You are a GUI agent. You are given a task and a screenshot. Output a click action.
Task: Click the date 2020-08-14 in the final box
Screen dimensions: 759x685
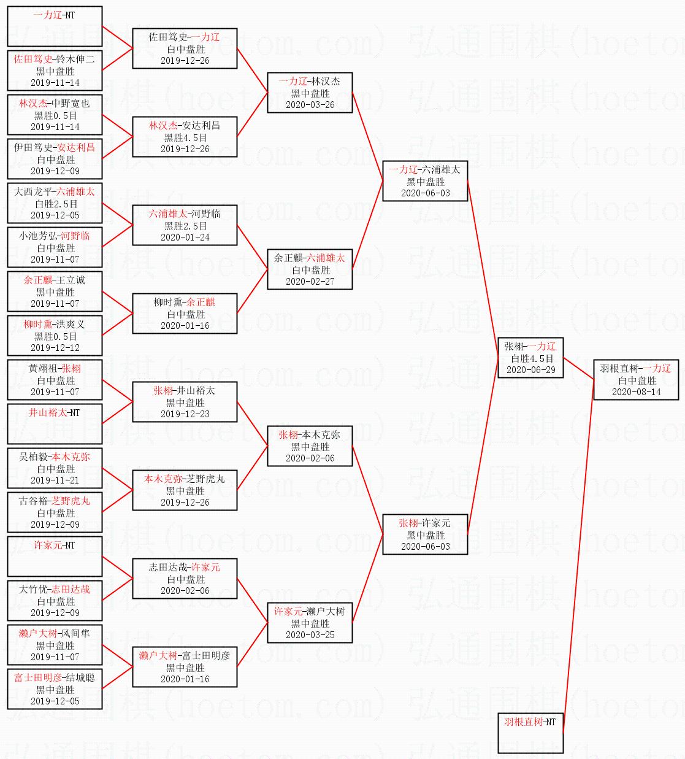[x=636, y=392]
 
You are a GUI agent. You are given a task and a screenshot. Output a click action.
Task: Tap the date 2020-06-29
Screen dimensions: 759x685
[x=530, y=370]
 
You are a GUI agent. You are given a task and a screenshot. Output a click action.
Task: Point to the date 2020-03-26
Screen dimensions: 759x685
[x=310, y=105]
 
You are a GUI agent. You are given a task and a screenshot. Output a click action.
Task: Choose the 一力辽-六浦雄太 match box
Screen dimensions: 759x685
[x=424, y=181]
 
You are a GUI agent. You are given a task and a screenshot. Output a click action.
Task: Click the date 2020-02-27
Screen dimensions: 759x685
[x=310, y=282]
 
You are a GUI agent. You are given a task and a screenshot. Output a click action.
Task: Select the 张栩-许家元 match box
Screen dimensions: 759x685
[x=424, y=534]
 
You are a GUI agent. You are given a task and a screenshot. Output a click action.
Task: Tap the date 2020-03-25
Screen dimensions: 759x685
[x=310, y=635]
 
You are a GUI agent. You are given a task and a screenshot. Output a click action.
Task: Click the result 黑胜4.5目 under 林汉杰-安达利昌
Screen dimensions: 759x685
[x=185, y=137]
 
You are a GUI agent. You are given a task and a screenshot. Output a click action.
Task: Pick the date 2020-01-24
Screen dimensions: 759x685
[x=185, y=237]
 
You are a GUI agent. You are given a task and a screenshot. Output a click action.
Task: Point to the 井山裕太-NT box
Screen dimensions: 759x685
[x=55, y=423]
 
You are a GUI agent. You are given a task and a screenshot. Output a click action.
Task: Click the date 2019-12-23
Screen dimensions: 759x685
[x=185, y=414]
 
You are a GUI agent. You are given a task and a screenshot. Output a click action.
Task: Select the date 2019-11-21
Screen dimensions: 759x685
[x=55, y=480]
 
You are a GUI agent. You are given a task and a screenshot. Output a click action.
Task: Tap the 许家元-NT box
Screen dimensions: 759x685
[x=55, y=556]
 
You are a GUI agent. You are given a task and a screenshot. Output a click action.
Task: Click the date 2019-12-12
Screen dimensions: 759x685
[x=55, y=348]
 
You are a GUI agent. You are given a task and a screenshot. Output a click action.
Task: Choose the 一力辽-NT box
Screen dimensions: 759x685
[x=55, y=26]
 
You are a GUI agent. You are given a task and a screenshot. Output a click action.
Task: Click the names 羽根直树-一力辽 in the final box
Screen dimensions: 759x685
[x=636, y=368]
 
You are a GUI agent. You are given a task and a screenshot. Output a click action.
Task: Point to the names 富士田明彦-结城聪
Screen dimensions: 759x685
[x=55, y=677]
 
